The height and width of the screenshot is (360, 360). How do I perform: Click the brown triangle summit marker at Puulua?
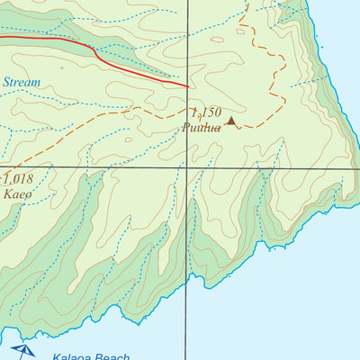pyautogui.click(x=231, y=121)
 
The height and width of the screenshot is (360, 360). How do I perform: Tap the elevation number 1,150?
pyautogui.click(x=205, y=112)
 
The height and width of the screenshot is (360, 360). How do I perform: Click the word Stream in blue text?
pyautogui.click(x=22, y=83)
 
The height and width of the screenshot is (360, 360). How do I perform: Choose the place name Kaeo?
pyautogui.click(x=17, y=193)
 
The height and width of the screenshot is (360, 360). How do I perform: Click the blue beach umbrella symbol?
pyautogui.click(x=22, y=350)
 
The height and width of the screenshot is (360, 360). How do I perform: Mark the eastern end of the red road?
pyautogui.click(x=187, y=86)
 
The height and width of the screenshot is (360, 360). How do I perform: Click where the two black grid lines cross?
pyautogui.click(x=187, y=166)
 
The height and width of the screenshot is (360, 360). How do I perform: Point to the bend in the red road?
pyautogui.click(x=94, y=51)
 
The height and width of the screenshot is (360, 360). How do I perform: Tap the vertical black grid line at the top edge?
pyautogui.click(x=187, y=2)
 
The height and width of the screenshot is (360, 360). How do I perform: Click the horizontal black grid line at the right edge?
pyautogui.click(x=357, y=166)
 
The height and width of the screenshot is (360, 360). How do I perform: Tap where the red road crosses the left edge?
pyautogui.click(x=2, y=38)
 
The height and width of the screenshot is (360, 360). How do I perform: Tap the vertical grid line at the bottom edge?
pyautogui.click(x=187, y=357)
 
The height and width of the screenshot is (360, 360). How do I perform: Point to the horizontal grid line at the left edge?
pyautogui.click(x=2, y=166)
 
